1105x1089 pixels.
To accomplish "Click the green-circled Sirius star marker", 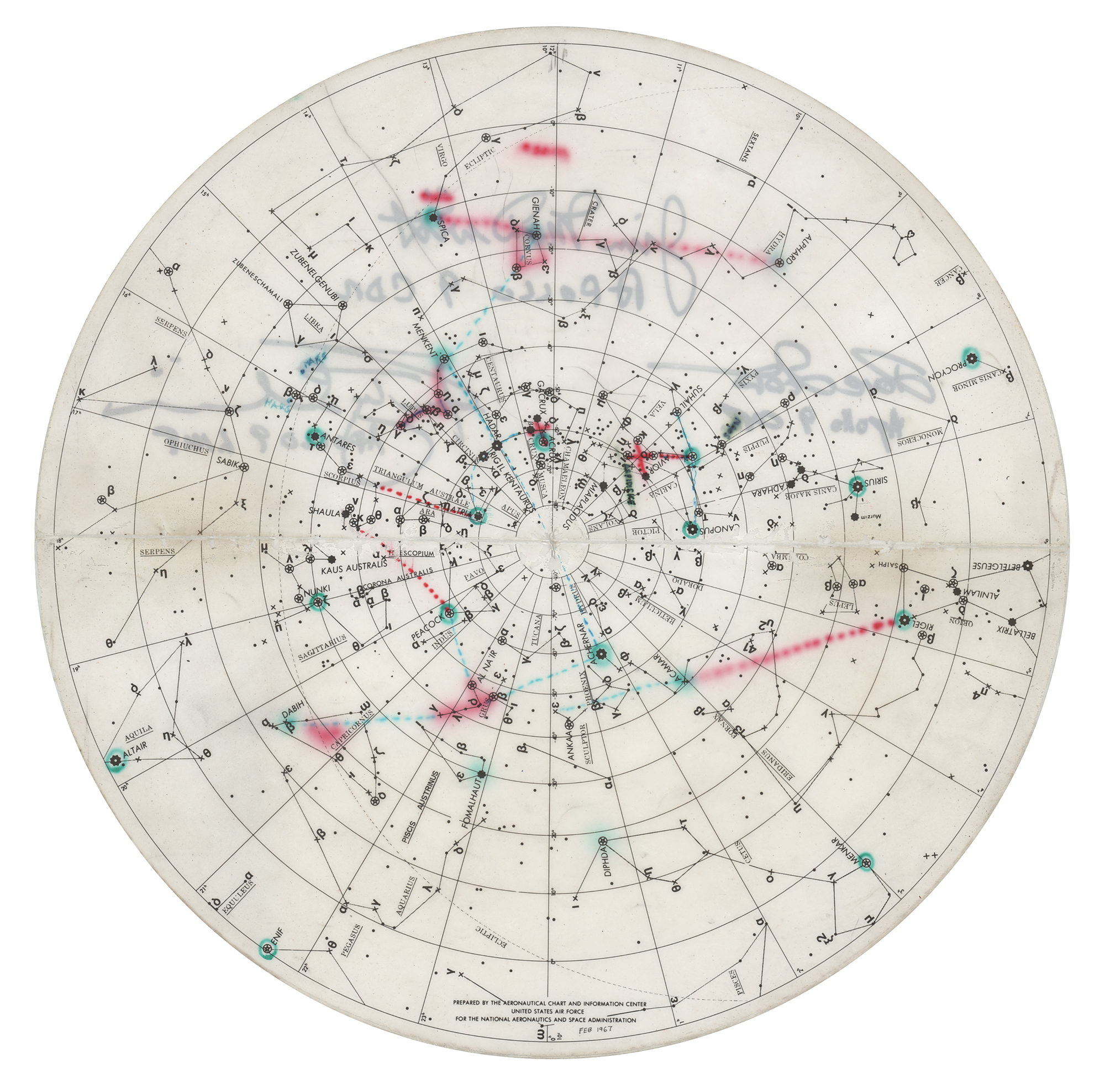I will (857, 487).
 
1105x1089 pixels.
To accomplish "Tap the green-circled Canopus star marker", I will (691, 530).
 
